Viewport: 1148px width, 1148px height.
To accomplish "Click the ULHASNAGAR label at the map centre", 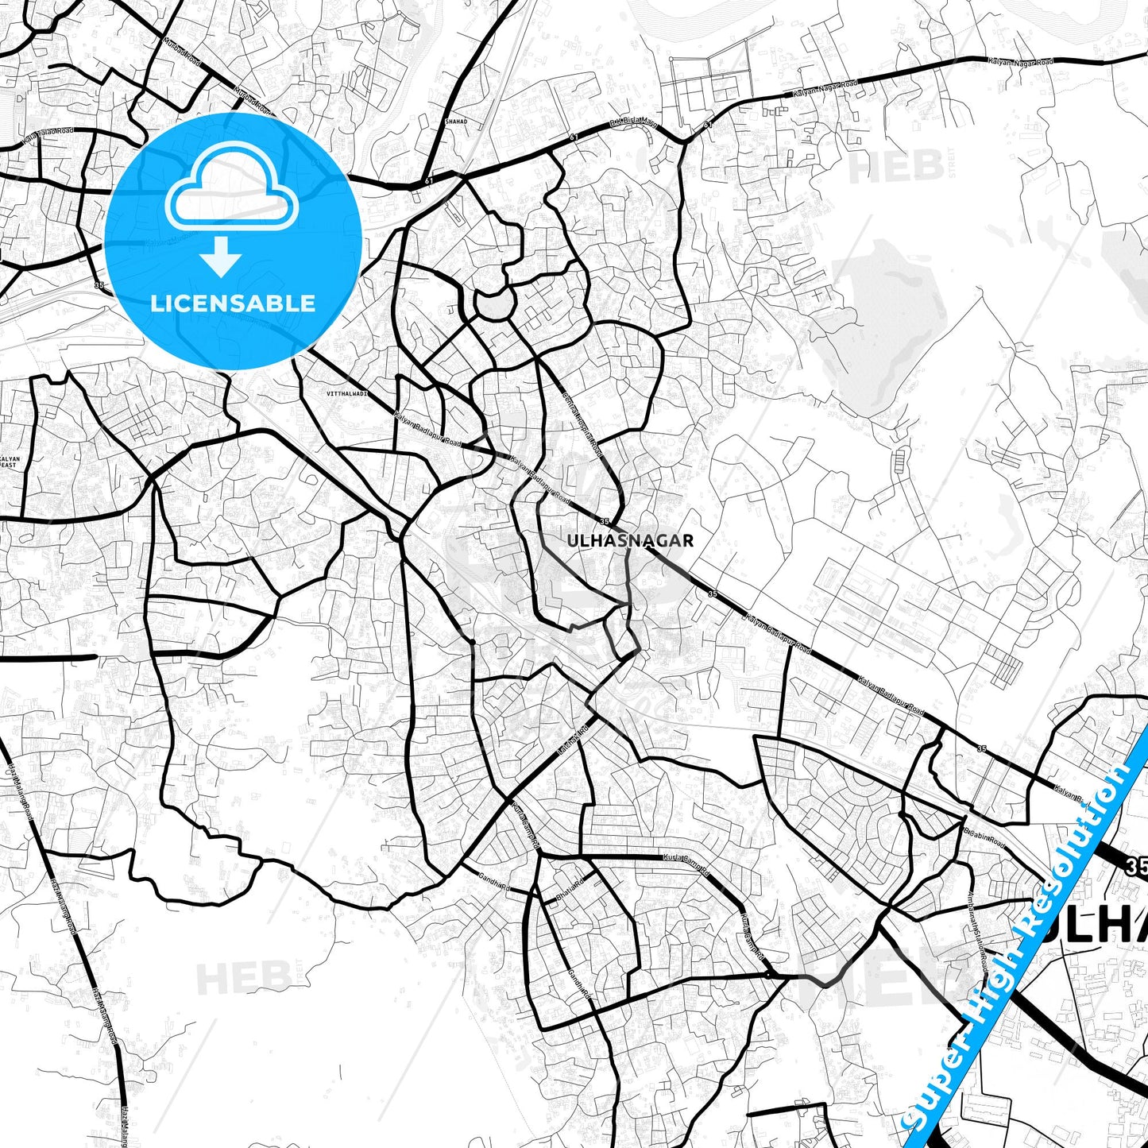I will point(630,541).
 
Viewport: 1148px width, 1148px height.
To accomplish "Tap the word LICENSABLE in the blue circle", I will point(233,303).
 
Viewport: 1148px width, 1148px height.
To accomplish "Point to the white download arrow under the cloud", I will point(221,256).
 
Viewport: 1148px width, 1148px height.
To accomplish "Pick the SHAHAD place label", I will point(456,122).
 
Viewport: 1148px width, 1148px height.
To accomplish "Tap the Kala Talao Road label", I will point(48,136).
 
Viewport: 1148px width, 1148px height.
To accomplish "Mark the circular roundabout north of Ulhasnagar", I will point(494,303).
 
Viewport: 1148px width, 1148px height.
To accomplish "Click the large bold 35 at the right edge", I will point(1136,868).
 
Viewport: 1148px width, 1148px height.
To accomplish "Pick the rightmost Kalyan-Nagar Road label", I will point(1021,61).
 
